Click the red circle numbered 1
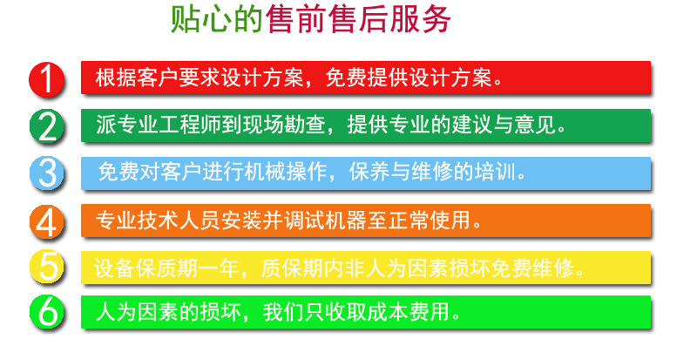click(49, 78)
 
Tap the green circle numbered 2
click(49, 126)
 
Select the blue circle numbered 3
click(49, 172)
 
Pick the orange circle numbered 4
click(49, 220)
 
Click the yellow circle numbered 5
click(49, 267)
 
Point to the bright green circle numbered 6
click(49, 312)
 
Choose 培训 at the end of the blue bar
click(500, 171)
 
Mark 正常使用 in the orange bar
click(440, 218)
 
